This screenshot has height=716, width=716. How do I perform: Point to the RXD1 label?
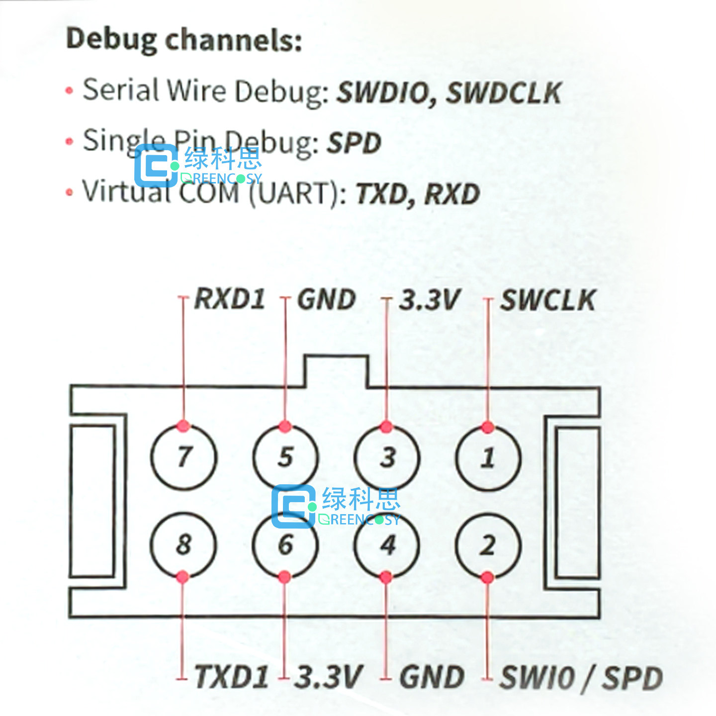(x=230, y=299)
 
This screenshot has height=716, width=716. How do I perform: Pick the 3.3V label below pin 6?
(x=329, y=677)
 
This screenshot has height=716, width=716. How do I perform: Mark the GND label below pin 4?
(x=432, y=677)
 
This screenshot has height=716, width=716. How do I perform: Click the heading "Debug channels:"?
(x=184, y=40)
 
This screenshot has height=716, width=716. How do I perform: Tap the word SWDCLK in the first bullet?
(x=504, y=93)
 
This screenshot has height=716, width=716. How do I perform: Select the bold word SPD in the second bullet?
(x=354, y=143)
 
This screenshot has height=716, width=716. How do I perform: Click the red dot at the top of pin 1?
(x=488, y=427)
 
